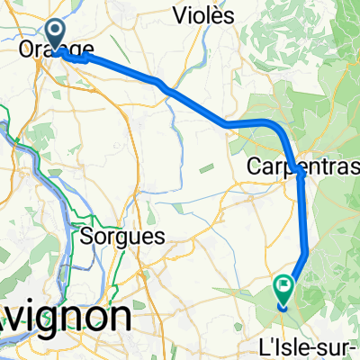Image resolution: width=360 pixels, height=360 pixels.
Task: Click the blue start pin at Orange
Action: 56,34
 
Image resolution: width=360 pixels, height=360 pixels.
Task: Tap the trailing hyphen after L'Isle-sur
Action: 353,347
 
